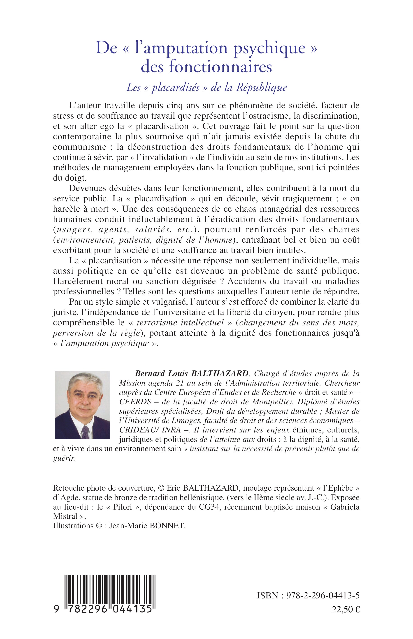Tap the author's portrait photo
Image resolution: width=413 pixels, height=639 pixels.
coord(82,405)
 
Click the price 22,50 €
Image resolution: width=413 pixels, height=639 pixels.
coord(346,610)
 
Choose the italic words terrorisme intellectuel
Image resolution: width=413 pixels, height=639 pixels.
coord(180,323)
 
